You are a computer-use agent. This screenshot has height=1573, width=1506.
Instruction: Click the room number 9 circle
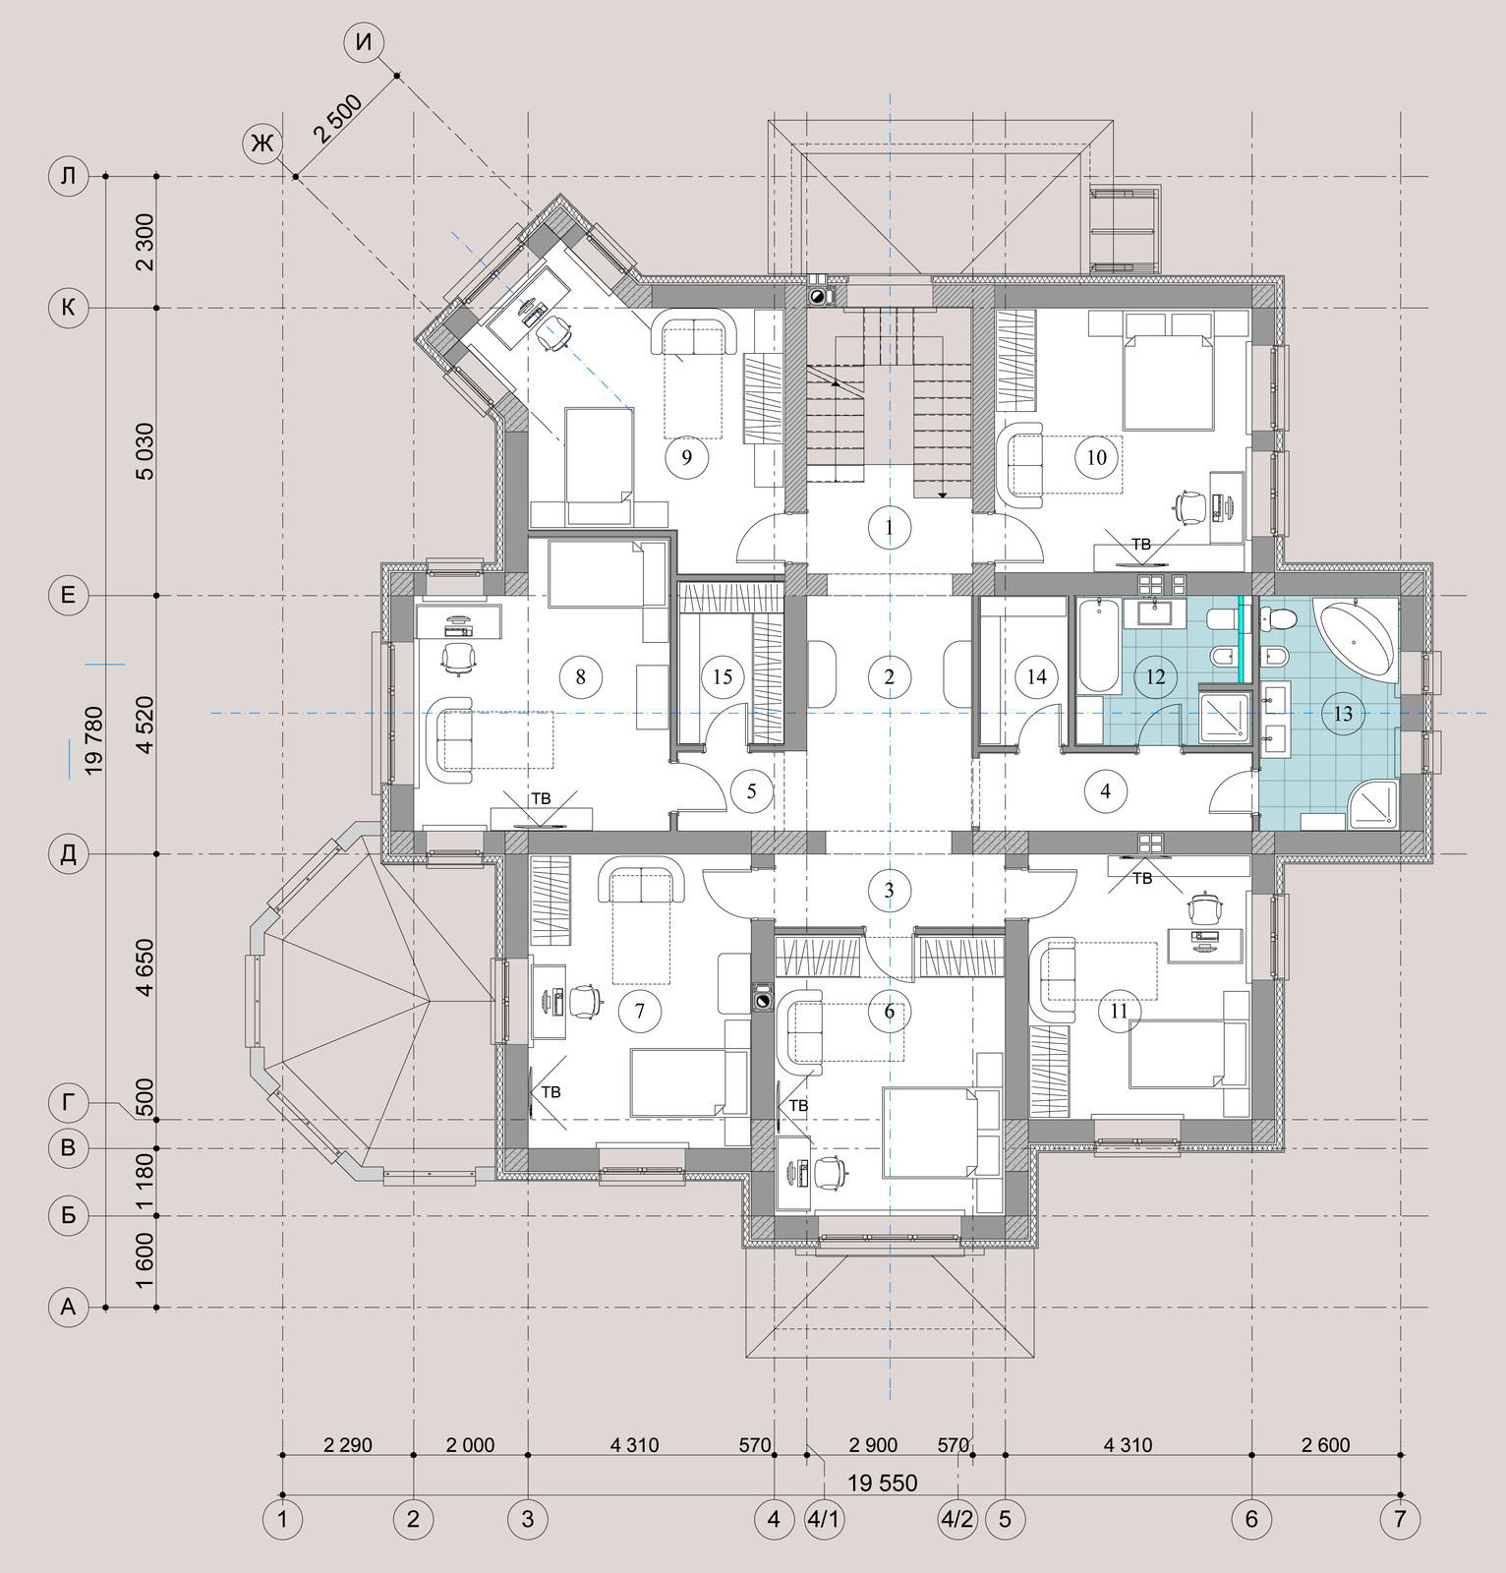(x=686, y=456)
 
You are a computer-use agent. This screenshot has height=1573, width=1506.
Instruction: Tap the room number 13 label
(x=1343, y=714)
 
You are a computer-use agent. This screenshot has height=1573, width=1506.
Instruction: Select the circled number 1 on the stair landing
(x=889, y=528)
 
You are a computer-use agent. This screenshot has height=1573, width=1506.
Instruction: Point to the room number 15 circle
(x=723, y=676)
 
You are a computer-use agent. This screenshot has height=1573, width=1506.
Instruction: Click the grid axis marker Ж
(x=261, y=144)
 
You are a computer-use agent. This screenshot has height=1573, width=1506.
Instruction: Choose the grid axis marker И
(x=364, y=42)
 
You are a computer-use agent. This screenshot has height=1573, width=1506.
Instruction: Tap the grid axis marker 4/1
(x=824, y=1519)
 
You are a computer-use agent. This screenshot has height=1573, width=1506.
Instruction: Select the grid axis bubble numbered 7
(x=1400, y=1519)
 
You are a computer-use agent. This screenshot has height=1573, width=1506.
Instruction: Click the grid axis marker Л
(x=68, y=177)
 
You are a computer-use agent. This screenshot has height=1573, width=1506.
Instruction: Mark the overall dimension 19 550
(x=882, y=1483)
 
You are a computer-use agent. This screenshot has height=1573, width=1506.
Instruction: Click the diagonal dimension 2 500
(x=338, y=119)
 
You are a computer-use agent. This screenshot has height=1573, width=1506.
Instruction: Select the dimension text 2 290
(x=348, y=1445)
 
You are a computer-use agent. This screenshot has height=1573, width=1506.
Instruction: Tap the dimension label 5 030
(x=145, y=451)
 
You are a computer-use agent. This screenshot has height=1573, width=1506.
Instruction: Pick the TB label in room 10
(x=1140, y=544)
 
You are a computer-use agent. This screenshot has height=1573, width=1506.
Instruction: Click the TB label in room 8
(x=541, y=798)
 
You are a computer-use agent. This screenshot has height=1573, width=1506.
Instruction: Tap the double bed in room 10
(x=1168, y=372)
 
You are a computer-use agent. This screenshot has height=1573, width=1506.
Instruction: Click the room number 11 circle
(x=1119, y=1011)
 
